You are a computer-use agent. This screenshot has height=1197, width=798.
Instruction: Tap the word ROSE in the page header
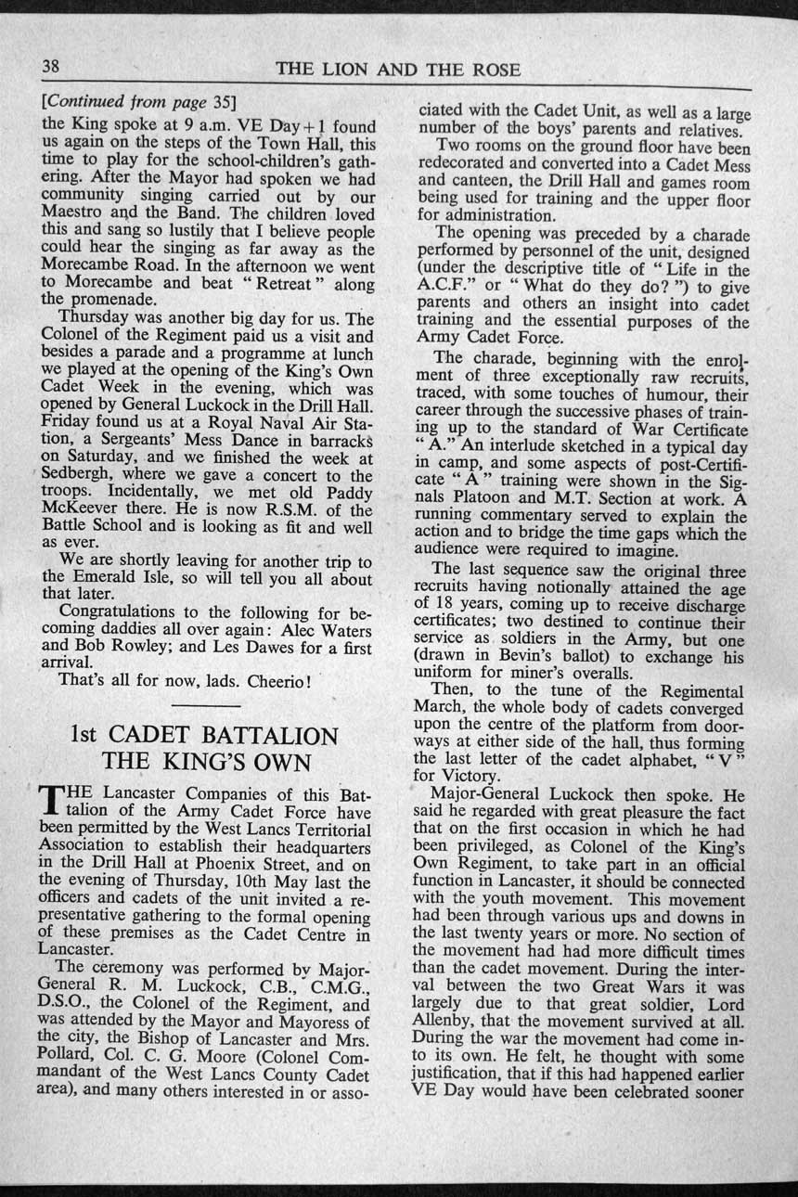(x=494, y=71)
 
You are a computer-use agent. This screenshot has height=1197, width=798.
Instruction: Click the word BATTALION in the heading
(x=267, y=736)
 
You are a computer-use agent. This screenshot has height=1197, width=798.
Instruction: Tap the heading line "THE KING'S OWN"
(x=206, y=763)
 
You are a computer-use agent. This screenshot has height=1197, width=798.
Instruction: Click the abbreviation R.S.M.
(x=310, y=509)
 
